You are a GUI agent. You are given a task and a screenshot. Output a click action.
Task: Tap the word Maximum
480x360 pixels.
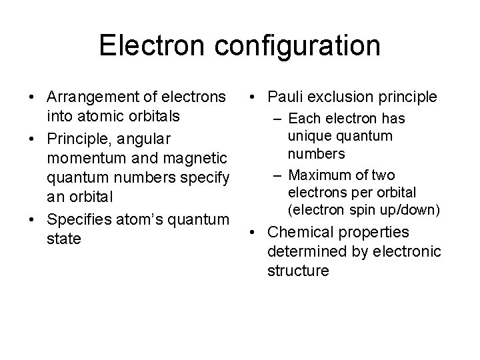click(328, 175)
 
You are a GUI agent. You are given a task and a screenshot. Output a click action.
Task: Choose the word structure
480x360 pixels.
click(298, 271)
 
